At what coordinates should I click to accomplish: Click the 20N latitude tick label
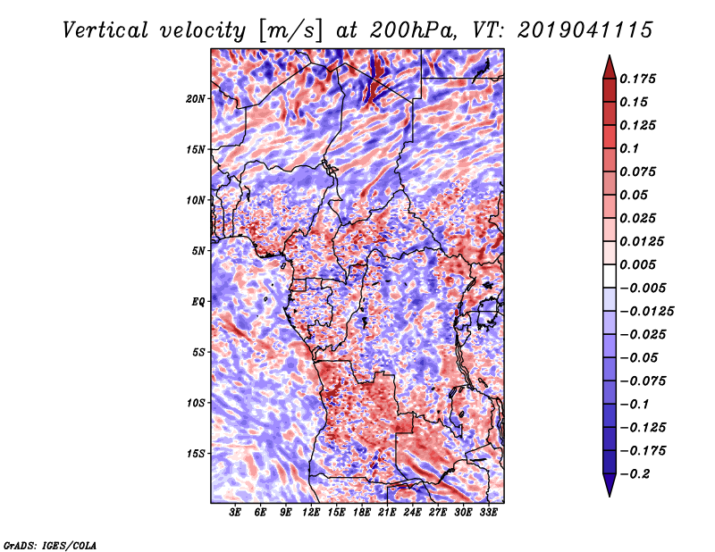pos(196,99)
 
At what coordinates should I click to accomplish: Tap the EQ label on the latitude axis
pos(198,302)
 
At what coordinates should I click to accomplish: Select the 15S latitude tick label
pos(196,454)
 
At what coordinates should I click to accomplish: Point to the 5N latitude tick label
pos(198,251)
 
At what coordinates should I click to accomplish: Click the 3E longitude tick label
pos(235,513)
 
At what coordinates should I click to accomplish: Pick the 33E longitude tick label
pos(488,513)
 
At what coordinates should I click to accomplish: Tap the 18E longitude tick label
pos(362,513)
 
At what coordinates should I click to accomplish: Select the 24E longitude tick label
pos(412,513)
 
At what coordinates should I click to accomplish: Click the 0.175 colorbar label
pos(638,79)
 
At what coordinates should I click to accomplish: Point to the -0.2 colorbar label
pos(634,474)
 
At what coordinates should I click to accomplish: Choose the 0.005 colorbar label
pos(638,264)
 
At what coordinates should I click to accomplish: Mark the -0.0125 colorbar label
pos(646,312)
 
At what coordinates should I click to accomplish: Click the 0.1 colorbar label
pos(630,148)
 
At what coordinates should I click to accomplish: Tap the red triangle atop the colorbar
pos(610,68)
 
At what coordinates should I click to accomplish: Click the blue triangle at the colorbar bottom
pos(610,485)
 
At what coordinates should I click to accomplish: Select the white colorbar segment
pos(610,276)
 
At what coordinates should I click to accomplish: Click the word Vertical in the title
pos(105,30)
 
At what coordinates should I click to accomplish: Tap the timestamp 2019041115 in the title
pos(585,30)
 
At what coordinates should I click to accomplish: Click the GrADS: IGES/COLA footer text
pos(50,546)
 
